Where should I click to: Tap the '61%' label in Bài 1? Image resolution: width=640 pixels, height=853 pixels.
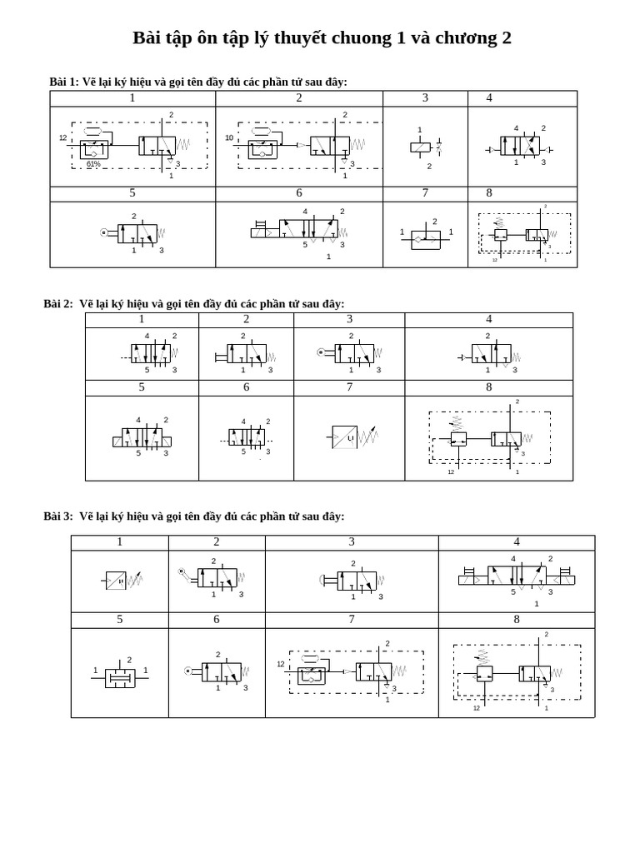93,164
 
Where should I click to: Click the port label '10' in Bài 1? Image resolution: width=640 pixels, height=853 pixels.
229,137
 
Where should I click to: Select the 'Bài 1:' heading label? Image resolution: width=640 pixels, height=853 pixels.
64,82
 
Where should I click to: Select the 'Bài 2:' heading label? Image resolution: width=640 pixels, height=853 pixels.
58,304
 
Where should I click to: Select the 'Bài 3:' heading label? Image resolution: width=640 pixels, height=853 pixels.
58,516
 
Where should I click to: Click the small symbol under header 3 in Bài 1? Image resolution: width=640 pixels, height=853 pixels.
422,147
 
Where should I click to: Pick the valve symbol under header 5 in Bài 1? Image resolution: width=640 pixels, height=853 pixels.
133,233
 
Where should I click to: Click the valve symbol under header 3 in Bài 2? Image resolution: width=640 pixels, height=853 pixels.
351,353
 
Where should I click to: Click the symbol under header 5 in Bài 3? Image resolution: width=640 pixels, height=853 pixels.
120,676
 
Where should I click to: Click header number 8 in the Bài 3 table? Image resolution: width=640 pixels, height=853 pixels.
517,620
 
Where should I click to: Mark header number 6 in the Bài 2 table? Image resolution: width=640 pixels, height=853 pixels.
246,387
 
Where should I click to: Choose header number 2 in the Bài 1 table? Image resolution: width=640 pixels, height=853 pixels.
299,98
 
